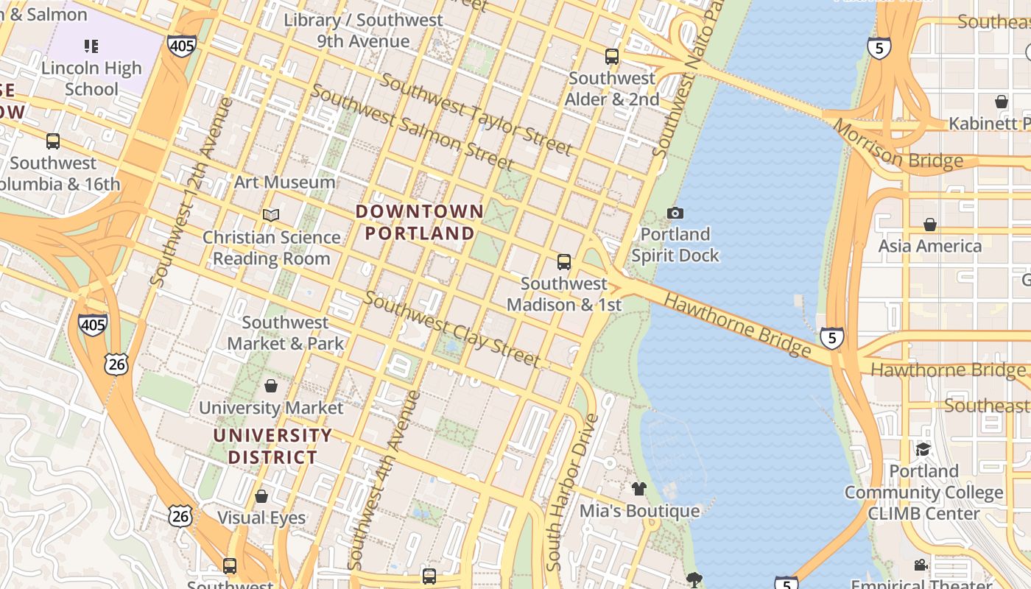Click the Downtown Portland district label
click(420, 222)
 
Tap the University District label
click(272, 446)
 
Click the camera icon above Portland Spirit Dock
click(675, 214)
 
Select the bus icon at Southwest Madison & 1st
click(564, 261)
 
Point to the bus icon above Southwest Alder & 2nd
click(611, 57)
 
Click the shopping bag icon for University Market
click(271, 386)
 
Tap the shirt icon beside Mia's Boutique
click(638, 488)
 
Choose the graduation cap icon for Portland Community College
click(923, 449)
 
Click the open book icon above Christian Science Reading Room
click(271, 215)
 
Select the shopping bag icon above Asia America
click(930, 224)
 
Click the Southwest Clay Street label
click(452, 329)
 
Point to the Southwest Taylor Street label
click(476, 115)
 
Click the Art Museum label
click(284, 182)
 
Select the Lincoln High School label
click(91, 78)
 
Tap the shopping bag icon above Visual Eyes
click(261, 496)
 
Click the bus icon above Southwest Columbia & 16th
click(53, 141)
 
